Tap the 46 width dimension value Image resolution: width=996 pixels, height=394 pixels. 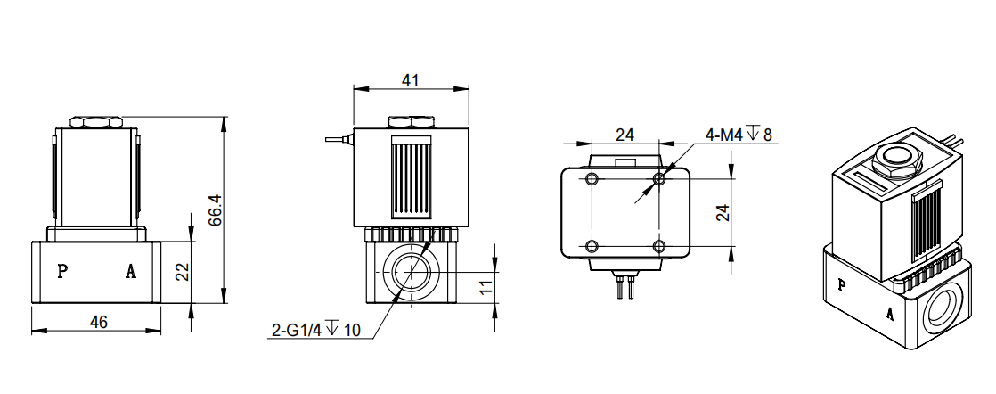(98, 322)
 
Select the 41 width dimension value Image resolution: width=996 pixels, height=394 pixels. (410, 80)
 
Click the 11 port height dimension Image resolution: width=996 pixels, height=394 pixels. (485, 287)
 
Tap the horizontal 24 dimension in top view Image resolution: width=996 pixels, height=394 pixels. (625, 135)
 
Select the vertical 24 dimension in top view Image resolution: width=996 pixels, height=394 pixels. (723, 212)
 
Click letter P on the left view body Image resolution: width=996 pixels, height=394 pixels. (61, 272)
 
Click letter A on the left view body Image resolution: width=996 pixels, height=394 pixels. (130, 272)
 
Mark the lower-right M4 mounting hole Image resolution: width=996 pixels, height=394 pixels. (659, 246)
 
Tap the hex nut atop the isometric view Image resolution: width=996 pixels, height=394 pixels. (897, 160)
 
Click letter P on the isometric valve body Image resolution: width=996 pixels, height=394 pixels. (842, 285)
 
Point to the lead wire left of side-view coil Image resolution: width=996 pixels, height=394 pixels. (337, 139)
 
